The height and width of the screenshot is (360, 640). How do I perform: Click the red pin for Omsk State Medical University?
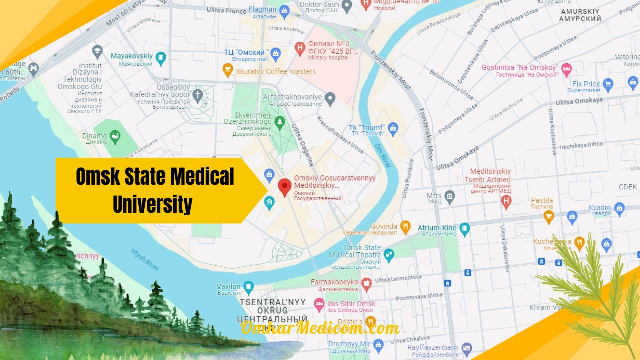pyautogui.click(x=285, y=186)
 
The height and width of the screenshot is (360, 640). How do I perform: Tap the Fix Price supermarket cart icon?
pyautogui.click(x=608, y=84)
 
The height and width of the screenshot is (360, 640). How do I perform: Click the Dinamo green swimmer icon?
pyautogui.click(x=115, y=136)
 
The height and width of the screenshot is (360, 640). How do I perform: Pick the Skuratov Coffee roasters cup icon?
pyautogui.click(x=228, y=71)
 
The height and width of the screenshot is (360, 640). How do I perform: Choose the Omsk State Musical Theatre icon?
pyautogui.click(x=388, y=255)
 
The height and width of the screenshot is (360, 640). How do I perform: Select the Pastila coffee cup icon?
pyautogui.click(x=549, y=216)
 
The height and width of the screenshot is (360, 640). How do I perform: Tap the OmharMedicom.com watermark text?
pyautogui.click(x=320, y=328)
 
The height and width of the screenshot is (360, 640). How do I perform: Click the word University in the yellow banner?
pyautogui.click(x=152, y=204)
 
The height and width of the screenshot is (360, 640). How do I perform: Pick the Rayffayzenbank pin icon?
pyautogui.click(x=467, y=348)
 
